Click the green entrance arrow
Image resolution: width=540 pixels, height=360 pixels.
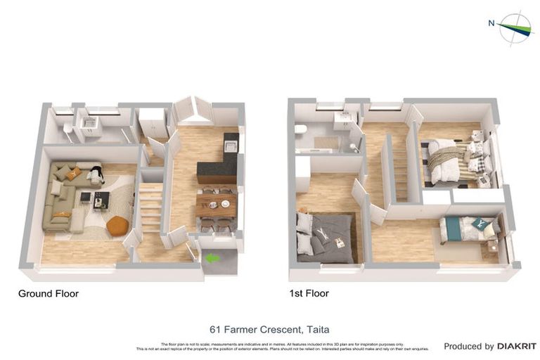(x=212, y=259)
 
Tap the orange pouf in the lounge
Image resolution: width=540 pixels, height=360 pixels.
(x=118, y=226)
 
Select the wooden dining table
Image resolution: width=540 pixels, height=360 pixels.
(x=217, y=205)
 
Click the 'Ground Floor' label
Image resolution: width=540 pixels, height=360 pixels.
(x=49, y=294)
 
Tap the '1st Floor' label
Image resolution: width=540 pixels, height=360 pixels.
(x=309, y=294)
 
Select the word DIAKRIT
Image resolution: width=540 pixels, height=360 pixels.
(x=517, y=346)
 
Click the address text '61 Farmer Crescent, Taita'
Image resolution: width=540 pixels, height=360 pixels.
(x=269, y=329)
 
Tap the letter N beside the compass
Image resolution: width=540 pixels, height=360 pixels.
(x=491, y=22)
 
